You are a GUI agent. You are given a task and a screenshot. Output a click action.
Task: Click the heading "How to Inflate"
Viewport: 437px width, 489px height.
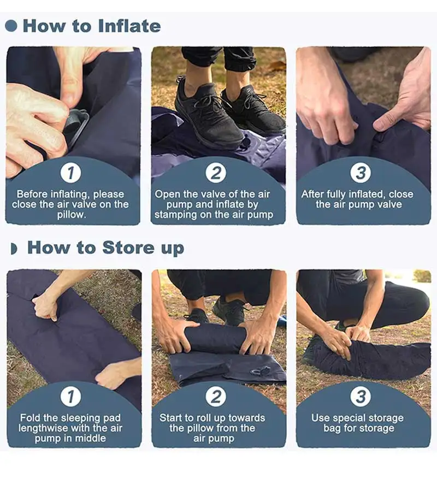coord(92,26)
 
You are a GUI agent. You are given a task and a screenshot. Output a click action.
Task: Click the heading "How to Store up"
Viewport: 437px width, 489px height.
coord(105,248)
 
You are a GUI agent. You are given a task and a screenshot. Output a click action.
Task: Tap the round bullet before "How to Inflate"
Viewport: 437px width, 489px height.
coord(11,26)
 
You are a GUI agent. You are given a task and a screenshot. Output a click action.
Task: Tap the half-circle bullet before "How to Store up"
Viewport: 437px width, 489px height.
coord(14,249)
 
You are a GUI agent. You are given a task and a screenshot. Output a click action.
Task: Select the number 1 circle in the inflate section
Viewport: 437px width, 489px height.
coord(71,173)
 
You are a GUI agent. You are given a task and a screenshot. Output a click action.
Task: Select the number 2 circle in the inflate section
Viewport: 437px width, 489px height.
coord(216,173)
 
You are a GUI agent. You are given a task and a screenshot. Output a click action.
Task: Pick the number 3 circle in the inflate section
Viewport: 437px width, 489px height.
coord(361,173)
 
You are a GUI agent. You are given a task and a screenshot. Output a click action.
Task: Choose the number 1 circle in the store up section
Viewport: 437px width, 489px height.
coord(71,396)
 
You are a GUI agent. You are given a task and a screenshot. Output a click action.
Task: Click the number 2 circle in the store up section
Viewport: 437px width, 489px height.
coord(216,396)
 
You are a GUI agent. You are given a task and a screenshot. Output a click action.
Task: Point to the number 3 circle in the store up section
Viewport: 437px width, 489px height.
coord(361,396)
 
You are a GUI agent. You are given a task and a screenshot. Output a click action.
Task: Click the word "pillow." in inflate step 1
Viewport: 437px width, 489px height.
coord(72,215)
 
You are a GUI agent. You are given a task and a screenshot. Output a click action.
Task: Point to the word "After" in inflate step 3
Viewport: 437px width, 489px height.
coord(312,194)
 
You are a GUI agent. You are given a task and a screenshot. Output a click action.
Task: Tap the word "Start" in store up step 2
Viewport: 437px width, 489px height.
coord(170,417)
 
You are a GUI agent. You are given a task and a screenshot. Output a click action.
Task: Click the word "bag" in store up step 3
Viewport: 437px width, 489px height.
coord(333,428)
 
